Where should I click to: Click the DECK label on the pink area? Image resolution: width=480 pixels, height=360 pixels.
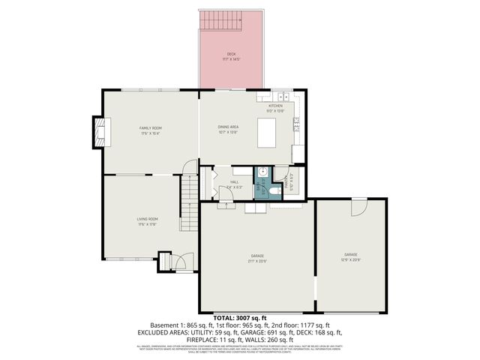pos(231,55)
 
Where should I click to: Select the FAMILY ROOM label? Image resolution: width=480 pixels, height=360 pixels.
pos(150,128)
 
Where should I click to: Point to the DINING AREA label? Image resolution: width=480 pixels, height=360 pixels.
pos(227,128)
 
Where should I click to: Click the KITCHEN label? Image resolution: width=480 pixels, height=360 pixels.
pos(275,106)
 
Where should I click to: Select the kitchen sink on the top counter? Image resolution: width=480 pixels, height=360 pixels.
pos(283,96)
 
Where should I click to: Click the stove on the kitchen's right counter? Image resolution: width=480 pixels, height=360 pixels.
pos(296,120)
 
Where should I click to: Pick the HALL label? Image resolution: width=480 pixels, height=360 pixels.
pos(234,182)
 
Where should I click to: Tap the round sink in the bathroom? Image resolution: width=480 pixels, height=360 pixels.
pos(262,172)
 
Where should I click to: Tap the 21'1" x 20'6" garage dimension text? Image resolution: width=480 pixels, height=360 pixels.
pos(258,261)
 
